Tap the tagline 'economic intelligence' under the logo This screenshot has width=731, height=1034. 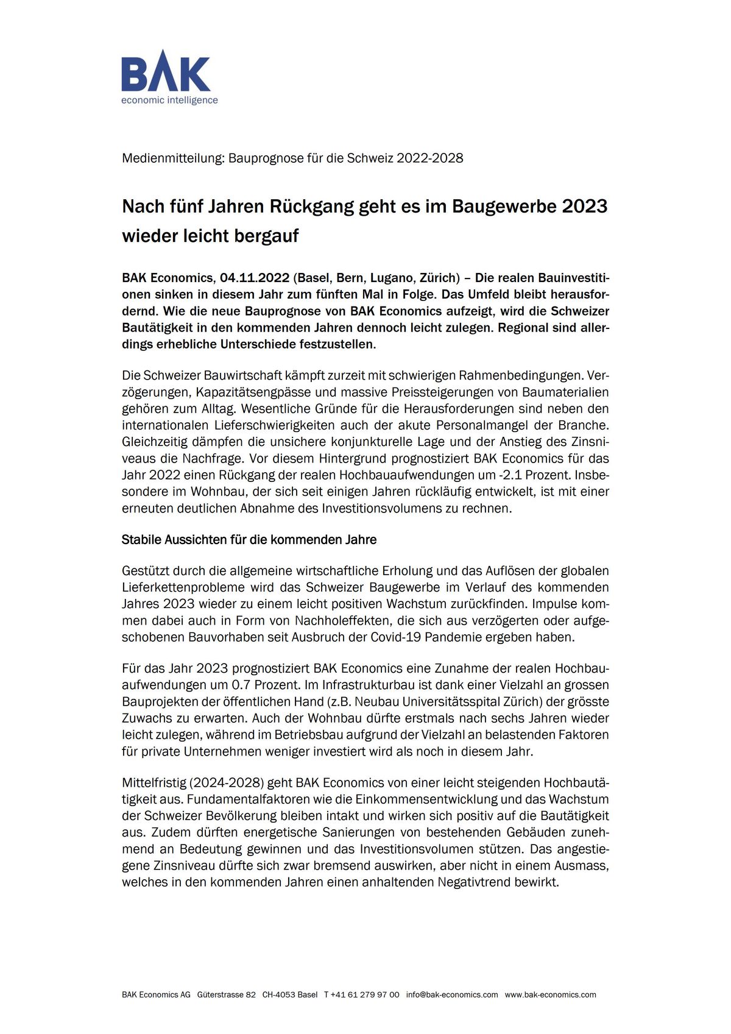click(169, 100)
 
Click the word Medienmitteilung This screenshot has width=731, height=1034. click(173, 158)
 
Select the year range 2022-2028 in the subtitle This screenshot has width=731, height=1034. click(429, 158)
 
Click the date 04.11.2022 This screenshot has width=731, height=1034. click(255, 278)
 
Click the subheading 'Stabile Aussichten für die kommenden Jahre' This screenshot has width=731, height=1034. click(249, 540)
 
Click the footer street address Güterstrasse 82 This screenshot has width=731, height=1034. click(227, 994)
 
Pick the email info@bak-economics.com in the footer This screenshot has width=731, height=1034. click(452, 994)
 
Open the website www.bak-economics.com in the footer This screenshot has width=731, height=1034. click(551, 994)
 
